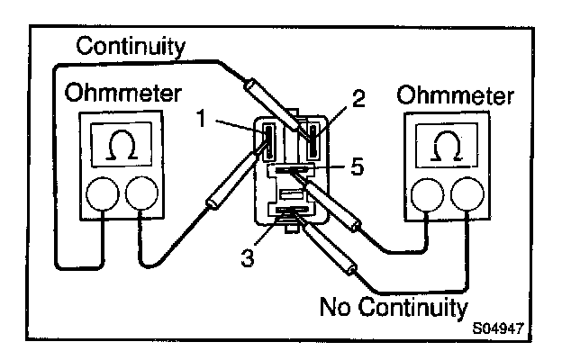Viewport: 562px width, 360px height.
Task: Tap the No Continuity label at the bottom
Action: [393, 307]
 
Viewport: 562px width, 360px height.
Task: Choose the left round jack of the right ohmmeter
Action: [426, 193]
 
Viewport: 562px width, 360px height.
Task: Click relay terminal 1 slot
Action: [267, 139]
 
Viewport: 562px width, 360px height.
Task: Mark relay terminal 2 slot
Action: [313, 139]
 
